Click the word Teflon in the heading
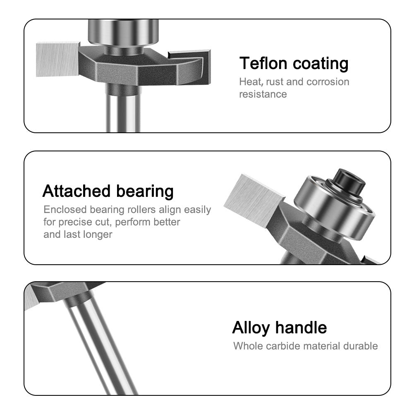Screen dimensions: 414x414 (263, 64)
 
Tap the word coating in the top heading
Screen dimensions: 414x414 (321, 64)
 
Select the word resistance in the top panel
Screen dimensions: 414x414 (263, 94)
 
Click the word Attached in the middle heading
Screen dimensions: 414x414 (77, 191)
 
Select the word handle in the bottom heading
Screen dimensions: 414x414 (301, 328)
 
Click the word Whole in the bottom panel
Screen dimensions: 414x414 (246, 346)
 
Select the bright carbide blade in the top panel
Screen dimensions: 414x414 (57, 59)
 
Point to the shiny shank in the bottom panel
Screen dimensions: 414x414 (99, 347)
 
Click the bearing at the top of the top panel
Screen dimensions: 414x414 (123, 32)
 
